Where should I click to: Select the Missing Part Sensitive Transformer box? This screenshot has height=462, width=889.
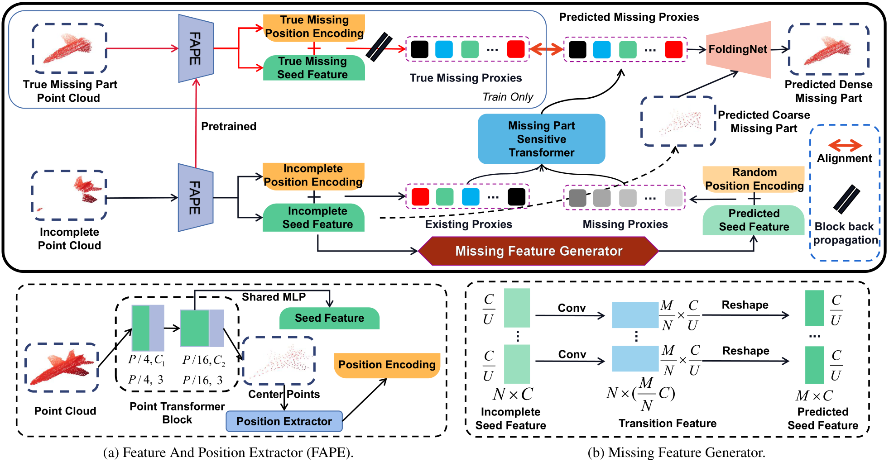coord(541,139)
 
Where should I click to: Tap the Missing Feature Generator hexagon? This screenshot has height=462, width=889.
coord(538,251)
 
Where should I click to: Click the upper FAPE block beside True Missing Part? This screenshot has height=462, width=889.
coord(196,48)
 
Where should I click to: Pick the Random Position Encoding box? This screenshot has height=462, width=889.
coord(754,179)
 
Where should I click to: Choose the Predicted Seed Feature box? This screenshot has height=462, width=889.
coord(754,220)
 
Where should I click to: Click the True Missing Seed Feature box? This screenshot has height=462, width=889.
coord(313,68)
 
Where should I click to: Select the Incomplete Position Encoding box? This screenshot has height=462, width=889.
coord(313,175)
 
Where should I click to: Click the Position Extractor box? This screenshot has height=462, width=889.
coord(284,421)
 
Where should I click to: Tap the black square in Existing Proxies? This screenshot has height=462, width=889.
coord(516,197)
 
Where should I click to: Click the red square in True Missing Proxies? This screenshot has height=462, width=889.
coord(516,49)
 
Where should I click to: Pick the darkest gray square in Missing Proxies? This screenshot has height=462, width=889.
coord(577,198)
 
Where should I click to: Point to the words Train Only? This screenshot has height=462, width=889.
coord(508,97)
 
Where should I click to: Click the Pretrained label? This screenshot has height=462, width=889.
coord(229,126)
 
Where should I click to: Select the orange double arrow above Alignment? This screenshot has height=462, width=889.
coord(845,145)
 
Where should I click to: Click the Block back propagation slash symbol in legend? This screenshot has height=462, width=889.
coord(846,199)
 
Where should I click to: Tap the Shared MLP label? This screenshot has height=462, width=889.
coord(274,297)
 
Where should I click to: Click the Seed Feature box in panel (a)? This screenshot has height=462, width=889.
coord(329,318)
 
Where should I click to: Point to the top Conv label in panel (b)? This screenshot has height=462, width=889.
coord(572,308)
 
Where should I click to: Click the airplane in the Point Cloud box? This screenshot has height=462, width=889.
coord(62,367)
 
